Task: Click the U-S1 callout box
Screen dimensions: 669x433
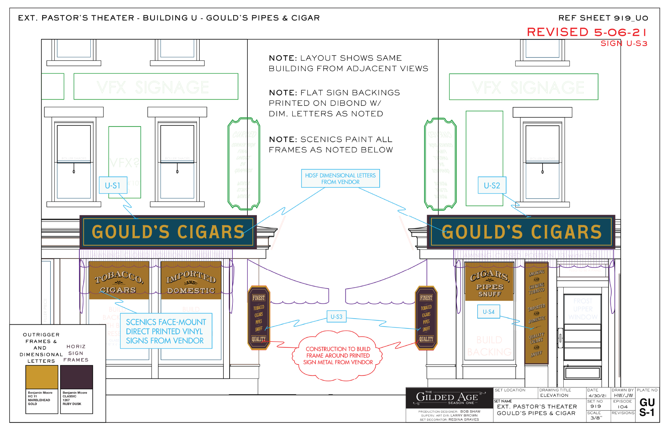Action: (x=113, y=186)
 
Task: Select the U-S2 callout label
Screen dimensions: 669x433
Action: (x=492, y=186)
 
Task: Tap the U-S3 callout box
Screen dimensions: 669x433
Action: (x=336, y=317)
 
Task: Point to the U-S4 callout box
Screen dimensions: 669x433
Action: (x=488, y=312)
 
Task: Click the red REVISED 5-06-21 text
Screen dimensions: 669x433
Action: (x=587, y=32)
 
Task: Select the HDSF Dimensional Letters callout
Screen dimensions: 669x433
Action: (x=340, y=179)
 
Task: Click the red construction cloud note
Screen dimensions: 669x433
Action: (x=338, y=355)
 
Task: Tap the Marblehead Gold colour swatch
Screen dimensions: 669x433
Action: (x=42, y=377)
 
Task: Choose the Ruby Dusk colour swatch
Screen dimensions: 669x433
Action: (x=77, y=377)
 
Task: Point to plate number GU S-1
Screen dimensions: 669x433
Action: (x=647, y=407)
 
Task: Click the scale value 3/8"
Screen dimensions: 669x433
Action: (x=596, y=418)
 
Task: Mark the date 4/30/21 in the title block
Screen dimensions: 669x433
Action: (x=597, y=395)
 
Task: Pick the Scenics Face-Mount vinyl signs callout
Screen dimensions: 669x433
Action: (x=166, y=331)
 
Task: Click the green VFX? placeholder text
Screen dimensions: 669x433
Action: (x=124, y=163)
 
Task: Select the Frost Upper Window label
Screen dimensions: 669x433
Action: (x=583, y=309)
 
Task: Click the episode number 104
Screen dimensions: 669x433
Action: (x=622, y=407)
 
